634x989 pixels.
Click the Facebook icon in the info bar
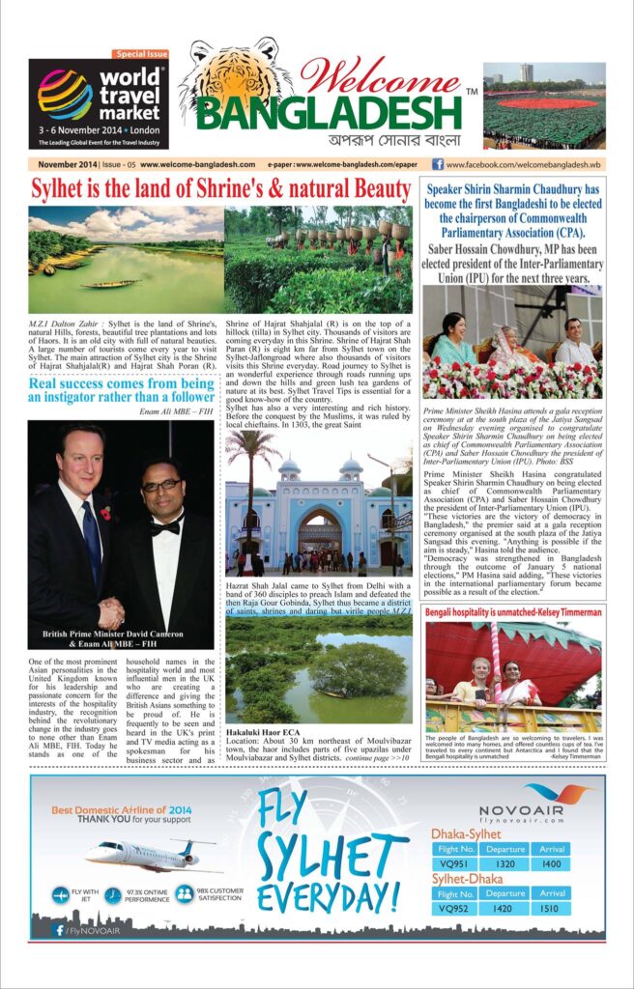pyautogui.click(x=438, y=164)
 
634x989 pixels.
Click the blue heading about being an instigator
pyautogui.click(x=121, y=388)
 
